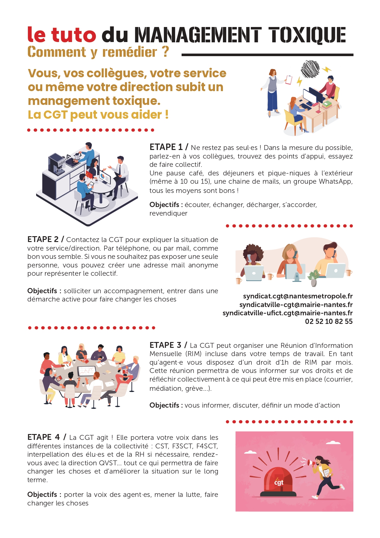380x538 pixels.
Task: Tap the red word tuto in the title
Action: [x=73, y=34]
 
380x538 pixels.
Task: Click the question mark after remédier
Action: [x=165, y=51]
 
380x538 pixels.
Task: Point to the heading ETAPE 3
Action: [x=165, y=345]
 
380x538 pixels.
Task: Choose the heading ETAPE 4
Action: [x=43, y=437]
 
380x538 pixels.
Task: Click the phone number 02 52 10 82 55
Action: [x=329, y=321]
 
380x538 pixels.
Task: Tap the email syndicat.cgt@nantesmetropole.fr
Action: [x=298, y=296]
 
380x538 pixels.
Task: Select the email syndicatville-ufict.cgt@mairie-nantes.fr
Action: [x=288, y=313]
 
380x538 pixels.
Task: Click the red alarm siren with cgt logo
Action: [x=278, y=482]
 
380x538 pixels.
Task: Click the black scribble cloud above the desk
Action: [x=310, y=69]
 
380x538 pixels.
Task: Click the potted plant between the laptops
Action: [x=314, y=278]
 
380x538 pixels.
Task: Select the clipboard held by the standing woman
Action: [x=288, y=80]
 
